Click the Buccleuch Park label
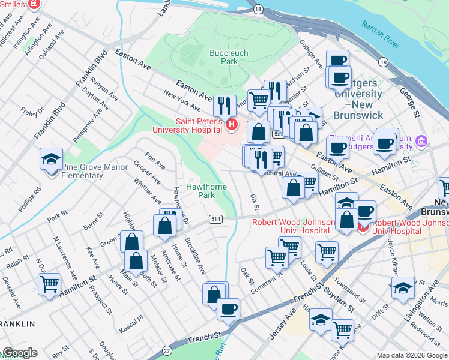click(x=224, y=57)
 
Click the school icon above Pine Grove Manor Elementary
click(x=51, y=160)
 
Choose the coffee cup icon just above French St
click(x=228, y=310)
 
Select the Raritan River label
click(x=381, y=34)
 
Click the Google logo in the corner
click(x=20, y=353)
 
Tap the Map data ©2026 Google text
click(x=412, y=355)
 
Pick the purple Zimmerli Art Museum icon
click(x=422, y=141)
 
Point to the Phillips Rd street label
click(x=37, y=199)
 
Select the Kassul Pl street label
click(x=133, y=317)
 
